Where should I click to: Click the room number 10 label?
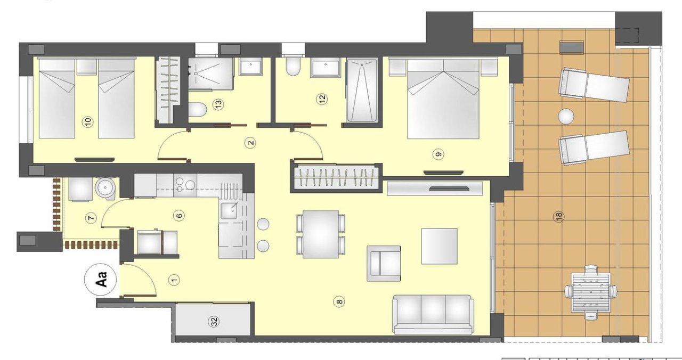coord(88,122)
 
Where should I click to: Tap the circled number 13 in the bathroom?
coord(217,105)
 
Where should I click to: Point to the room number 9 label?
coord(439,154)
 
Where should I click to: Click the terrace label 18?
coord(558,216)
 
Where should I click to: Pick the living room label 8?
coord(339,302)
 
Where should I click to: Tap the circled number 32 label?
coord(213,322)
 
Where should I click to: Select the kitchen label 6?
coord(179,216)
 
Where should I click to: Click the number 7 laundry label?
coord(91,218)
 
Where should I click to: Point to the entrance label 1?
coord(173,280)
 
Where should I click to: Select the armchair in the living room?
coord(384,263)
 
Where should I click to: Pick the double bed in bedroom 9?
coord(443,99)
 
